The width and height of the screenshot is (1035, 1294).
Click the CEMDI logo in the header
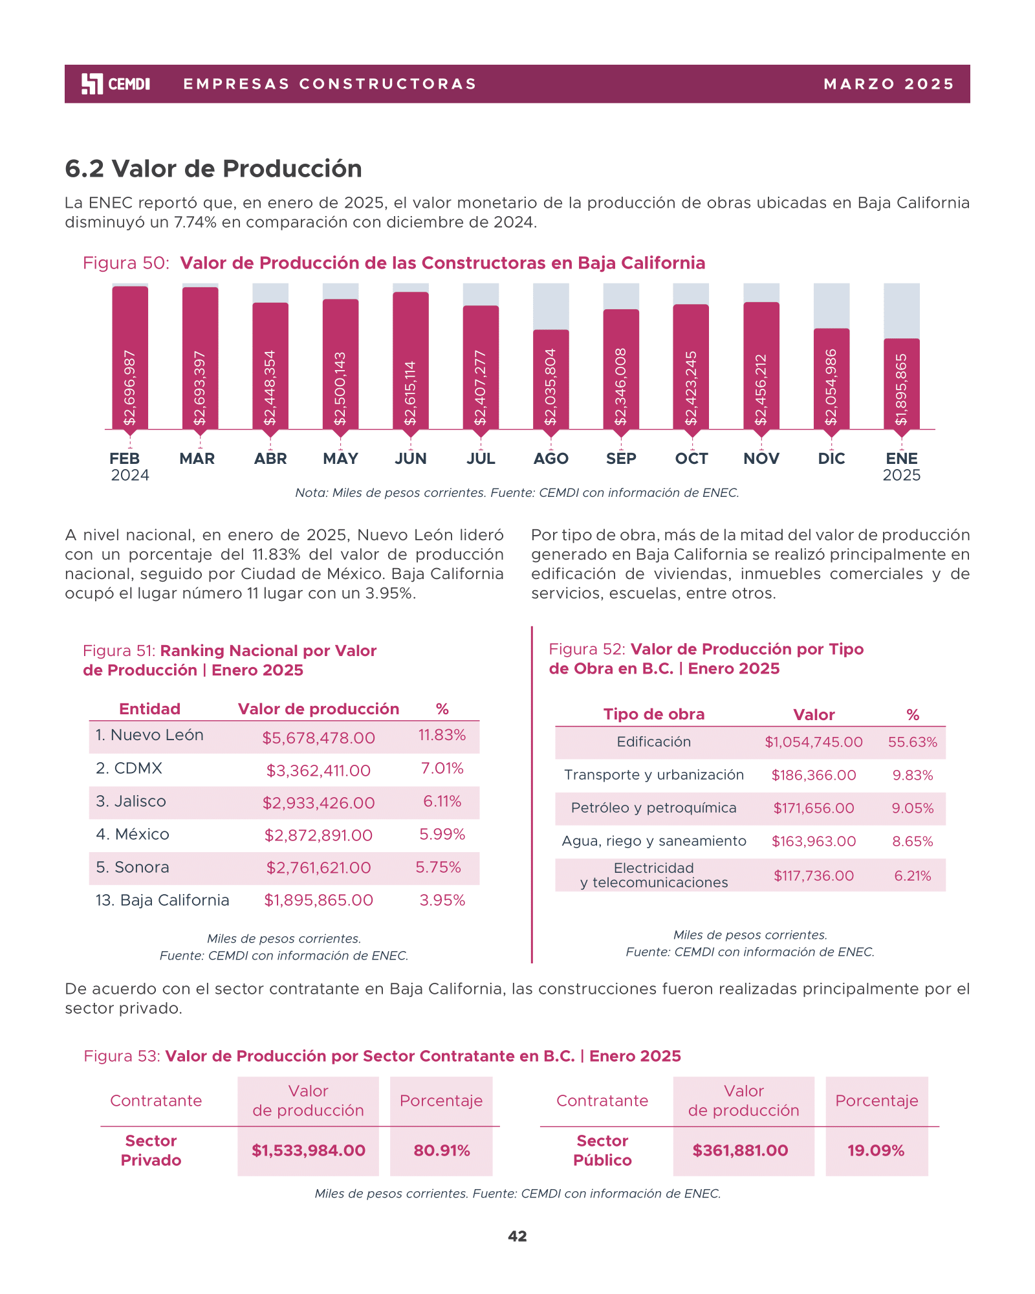coord(116,84)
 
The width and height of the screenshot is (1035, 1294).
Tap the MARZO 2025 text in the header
coord(889,84)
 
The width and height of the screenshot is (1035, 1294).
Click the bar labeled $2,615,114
coord(410,360)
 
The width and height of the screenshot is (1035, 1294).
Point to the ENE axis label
coord(901,459)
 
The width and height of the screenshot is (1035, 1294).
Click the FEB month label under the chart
coord(125,459)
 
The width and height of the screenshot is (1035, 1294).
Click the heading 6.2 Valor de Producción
coord(213,169)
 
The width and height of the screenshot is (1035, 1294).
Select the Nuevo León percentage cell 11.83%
coord(442,735)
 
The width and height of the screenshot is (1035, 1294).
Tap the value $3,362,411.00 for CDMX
coord(318,771)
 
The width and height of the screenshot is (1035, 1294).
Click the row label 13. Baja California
coord(162,900)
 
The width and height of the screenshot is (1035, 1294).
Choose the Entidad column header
coord(149,709)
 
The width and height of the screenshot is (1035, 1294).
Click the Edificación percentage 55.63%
coord(912,742)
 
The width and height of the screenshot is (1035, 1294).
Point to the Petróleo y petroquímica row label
coord(653,808)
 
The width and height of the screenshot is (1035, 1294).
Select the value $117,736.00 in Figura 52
coord(814,876)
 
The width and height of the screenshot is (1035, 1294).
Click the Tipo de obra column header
coord(653,714)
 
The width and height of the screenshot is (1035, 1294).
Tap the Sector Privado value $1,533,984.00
coord(308,1150)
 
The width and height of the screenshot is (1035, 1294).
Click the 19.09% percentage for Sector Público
coord(876,1150)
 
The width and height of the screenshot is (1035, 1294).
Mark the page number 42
coord(517,1236)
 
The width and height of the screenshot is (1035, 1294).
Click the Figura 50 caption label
coord(126,263)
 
